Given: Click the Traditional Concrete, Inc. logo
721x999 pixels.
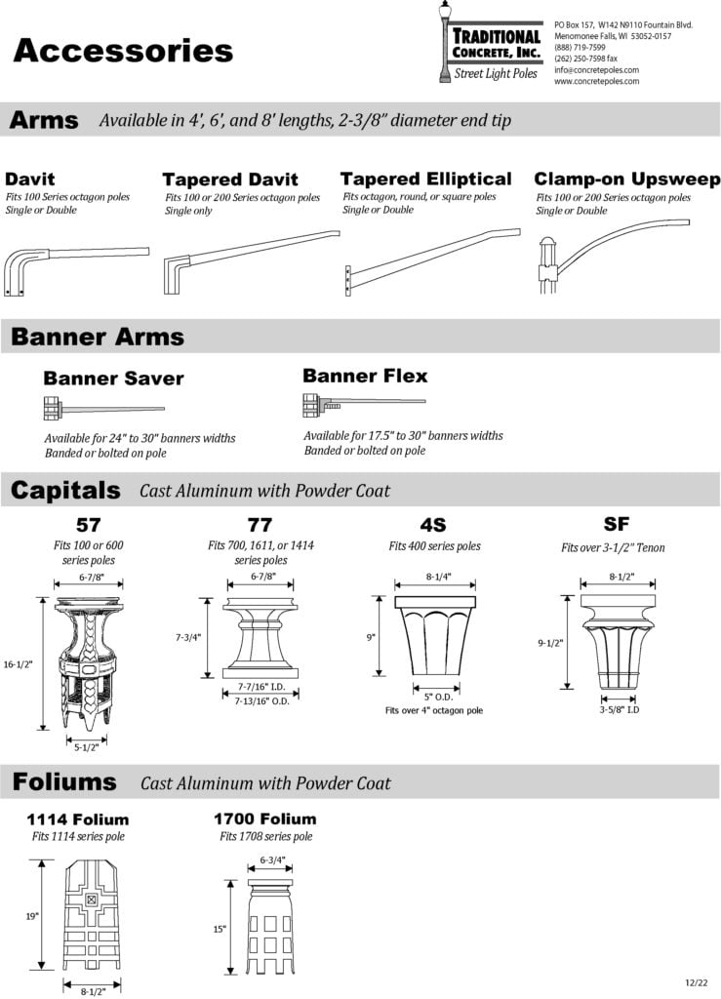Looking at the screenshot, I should tap(490, 45).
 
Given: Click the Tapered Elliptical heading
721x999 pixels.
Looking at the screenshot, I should tap(425, 180).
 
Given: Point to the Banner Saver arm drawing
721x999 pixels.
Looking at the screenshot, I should tap(103, 407).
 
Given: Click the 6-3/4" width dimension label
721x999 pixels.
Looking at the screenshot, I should tap(272, 860).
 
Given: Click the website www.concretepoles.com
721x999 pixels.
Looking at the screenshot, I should tap(596, 82).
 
